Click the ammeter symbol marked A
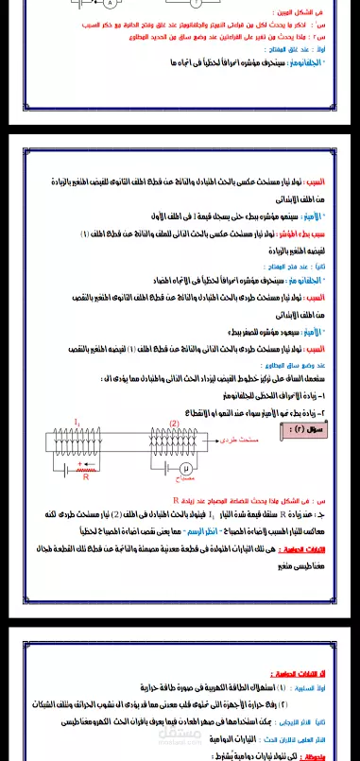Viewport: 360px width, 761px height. coord(111,4)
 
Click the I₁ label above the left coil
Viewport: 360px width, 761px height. coord(77,424)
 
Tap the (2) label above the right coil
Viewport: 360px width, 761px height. coord(174,424)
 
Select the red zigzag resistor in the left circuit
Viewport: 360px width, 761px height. coord(84,467)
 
